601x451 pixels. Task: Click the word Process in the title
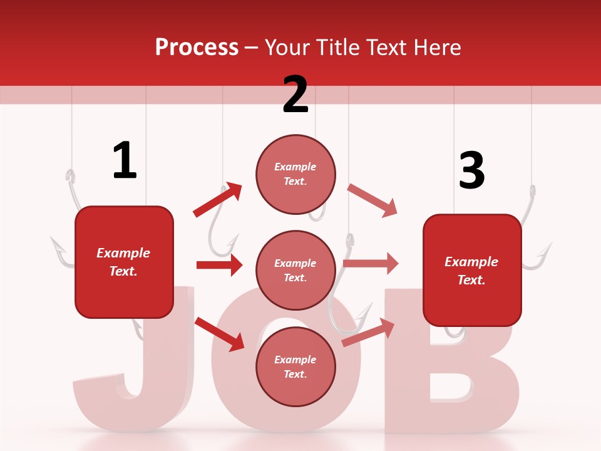(197, 47)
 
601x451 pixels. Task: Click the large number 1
(124, 161)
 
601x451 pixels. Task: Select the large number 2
(295, 95)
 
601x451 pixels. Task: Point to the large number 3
(471, 171)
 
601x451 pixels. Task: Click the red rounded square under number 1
(124, 262)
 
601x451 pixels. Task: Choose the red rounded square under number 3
(472, 271)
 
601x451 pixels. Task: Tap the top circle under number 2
(295, 174)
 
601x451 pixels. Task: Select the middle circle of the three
(295, 270)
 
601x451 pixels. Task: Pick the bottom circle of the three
(295, 366)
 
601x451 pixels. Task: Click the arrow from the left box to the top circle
(217, 200)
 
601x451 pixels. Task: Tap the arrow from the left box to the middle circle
(219, 265)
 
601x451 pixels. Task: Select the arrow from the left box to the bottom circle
(219, 334)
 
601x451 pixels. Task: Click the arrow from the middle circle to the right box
(370, 263)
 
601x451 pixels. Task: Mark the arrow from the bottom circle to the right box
(368, 332)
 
